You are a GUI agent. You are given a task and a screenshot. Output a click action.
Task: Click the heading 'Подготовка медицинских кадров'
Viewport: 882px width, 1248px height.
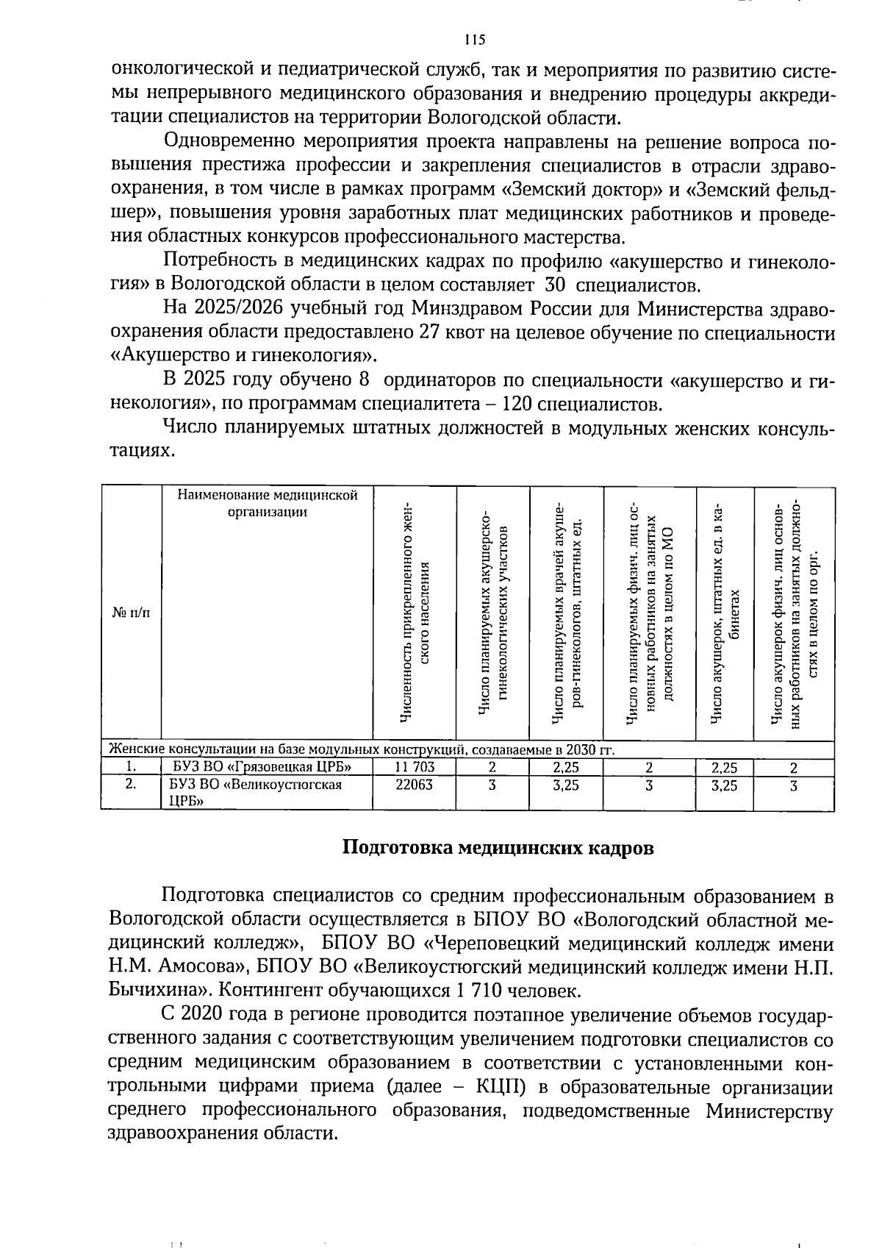(498, 847)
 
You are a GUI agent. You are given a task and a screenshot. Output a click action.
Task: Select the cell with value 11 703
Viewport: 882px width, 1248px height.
(415, 768)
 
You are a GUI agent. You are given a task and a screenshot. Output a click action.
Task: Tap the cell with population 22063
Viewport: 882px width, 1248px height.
(415, 785)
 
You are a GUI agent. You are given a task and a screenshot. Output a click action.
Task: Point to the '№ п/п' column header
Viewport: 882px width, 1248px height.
(130, 612)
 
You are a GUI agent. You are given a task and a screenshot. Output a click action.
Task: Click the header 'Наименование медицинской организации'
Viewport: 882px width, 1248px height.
(267, 504)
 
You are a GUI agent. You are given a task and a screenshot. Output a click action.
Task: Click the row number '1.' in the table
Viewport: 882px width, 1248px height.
(130, 767)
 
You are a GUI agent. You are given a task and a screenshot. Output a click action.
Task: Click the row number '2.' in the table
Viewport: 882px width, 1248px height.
(130, 784)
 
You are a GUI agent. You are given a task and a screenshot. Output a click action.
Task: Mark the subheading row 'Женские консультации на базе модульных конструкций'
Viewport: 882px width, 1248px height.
(360, 750)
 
